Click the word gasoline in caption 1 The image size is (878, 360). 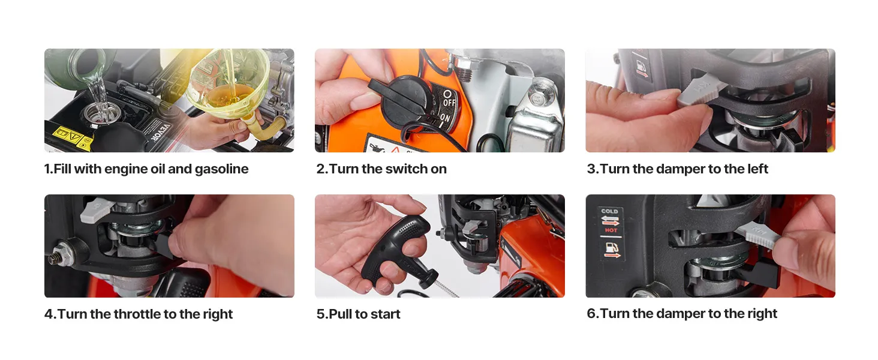221,169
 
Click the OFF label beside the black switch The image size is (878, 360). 449,102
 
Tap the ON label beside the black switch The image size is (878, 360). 445,117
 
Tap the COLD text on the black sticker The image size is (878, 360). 609,211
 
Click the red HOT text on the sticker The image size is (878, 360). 611,230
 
